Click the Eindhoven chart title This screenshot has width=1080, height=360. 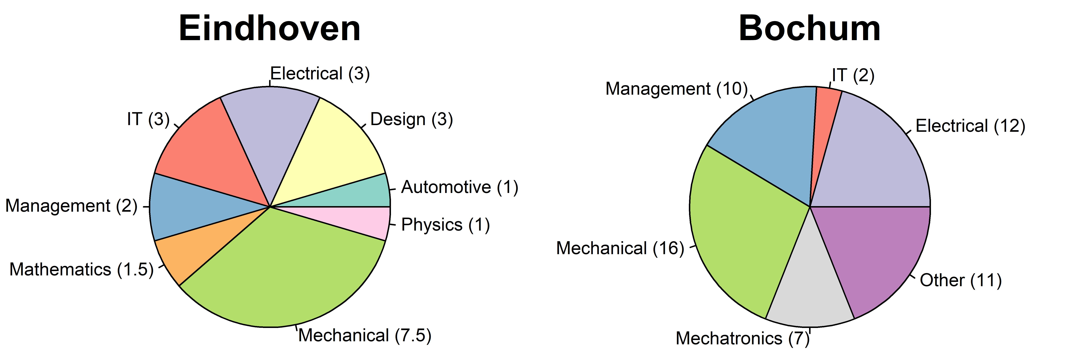point(270,28)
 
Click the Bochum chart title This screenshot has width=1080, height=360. point(810,28)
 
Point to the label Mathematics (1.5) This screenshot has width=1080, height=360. point(81,269)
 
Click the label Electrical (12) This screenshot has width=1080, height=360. point(970,126)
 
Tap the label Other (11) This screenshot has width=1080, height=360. point(960,280)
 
